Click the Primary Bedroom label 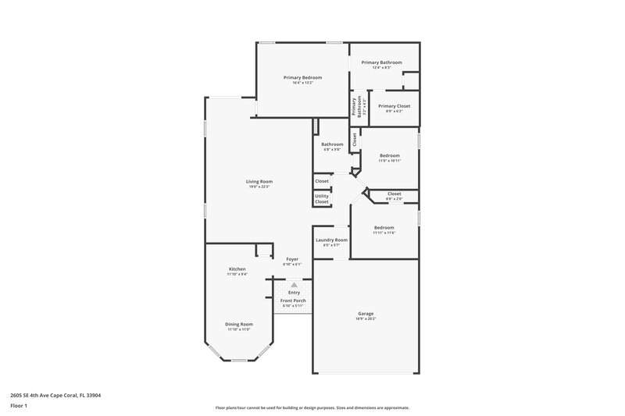tap(302, 77)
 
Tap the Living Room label tap(259, 181)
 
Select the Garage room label tap(366, 313)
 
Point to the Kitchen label tap(237, 268)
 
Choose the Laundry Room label tap(331, 240)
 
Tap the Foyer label tap(292, 258)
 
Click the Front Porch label tap(294, 300)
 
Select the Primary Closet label tap(394, 106)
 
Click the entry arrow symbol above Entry tap(294, 285)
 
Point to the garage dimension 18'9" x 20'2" tap(366, 318)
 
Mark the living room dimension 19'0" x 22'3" tap(259, 187)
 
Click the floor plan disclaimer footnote tap(312, 407)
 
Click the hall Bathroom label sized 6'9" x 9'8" tap(332, 144)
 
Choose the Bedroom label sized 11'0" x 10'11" tap(389, 155)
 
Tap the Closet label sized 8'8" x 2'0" tap(394, 194)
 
